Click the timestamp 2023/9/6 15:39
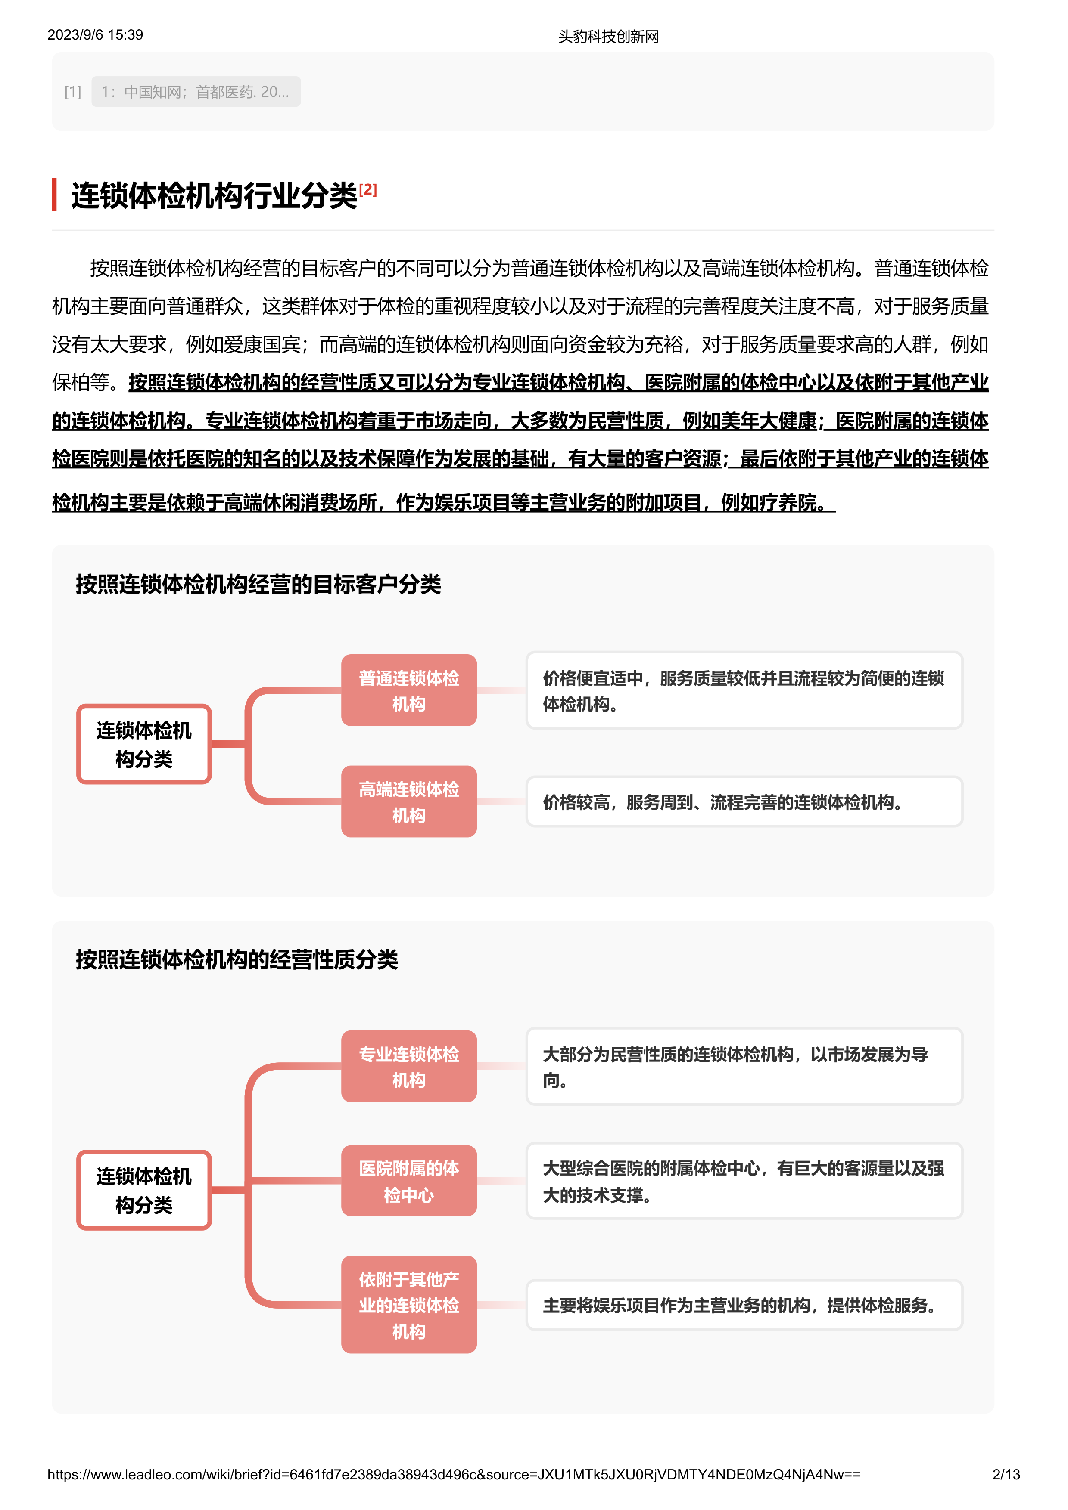[95, 35]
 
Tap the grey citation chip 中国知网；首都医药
[196, 91]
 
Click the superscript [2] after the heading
[368, 189]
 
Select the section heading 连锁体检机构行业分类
[214, 196]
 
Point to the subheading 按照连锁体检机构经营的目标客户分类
[258, 583]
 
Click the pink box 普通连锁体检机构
[409, 690]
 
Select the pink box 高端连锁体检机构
[409, 801]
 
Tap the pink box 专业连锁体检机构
[409, 1066]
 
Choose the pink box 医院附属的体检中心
[409, 1181]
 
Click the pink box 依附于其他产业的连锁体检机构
[409, 1305]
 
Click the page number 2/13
[1006, 1474]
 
